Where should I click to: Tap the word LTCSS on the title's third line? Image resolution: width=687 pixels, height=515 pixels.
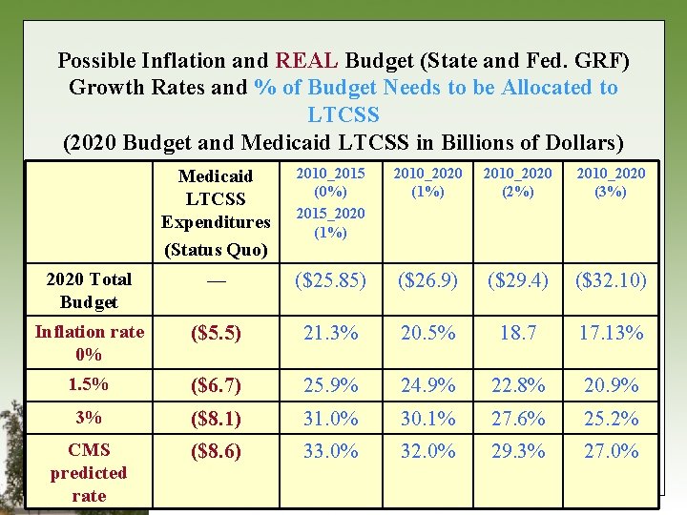[x=343, y=115]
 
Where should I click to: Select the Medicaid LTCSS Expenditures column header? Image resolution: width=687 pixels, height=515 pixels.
[x=216, y=211]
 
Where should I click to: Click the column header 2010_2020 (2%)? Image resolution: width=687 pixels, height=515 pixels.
[x=517, y=181]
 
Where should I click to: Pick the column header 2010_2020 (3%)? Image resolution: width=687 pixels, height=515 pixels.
[x=611, y=181]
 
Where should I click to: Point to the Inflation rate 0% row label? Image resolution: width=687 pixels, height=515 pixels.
[x=89, y=342]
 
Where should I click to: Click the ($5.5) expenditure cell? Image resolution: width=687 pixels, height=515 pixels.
[x=216, y=335]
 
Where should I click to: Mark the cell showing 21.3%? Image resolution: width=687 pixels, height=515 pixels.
[x=329, y=335]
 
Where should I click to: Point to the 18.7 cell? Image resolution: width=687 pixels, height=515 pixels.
[x=517, y=335]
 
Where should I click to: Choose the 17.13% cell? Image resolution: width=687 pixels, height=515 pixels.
[x=611, y=335]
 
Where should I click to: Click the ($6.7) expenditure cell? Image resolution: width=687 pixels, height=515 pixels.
[x=216, y=386]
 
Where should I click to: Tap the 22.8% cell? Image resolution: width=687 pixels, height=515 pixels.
[x=517, y=386]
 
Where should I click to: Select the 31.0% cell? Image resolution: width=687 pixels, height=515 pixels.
[x=329, y=419]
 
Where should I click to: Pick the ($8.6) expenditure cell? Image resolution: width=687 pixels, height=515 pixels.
[x=216, y=451]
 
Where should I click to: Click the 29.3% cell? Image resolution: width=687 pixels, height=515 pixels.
[x=517, y=451]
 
